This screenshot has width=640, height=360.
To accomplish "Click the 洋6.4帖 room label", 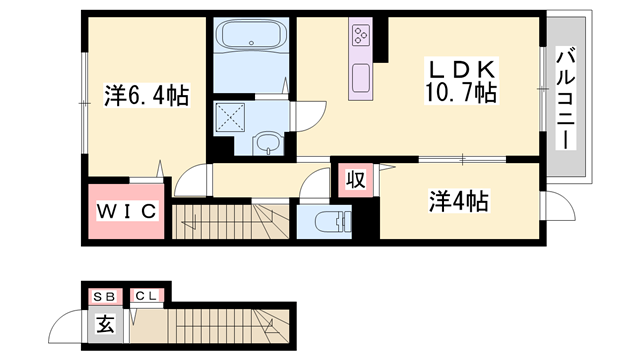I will pos(145,96).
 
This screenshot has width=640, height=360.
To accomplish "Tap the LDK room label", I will pos(459,70).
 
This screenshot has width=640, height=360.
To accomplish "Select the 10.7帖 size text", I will pos(460,94).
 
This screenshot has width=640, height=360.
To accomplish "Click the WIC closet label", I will pos(125,211).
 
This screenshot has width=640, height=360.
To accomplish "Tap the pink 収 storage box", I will pos(354,180).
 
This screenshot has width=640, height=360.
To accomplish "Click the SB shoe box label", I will pos(103,296).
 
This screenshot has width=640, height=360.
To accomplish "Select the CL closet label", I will pos(145,296).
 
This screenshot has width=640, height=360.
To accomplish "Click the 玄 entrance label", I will pos(104,324).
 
